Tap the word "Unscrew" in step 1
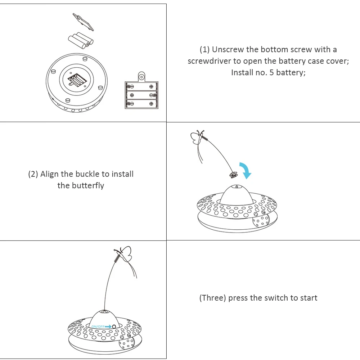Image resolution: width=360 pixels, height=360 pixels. click(228, 49)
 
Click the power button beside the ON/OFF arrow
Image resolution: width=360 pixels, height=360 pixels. click(114, 326)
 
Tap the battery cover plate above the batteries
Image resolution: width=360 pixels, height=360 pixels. click(83, 22)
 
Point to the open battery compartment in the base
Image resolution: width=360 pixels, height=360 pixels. click(76, 79)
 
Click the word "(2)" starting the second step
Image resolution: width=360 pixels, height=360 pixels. click(33, 174)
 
